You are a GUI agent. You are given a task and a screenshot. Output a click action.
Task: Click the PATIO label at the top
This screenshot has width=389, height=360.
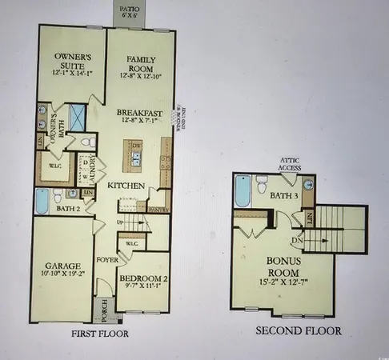pos(125,10)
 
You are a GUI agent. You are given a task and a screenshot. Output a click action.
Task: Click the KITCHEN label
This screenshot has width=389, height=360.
pos(127,186)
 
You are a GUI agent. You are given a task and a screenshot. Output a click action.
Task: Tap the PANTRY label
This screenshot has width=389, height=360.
pos(158,206)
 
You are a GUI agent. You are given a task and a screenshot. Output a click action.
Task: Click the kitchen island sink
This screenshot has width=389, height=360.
pos(134,157)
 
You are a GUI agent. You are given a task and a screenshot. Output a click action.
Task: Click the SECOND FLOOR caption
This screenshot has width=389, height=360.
pos(298,330)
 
